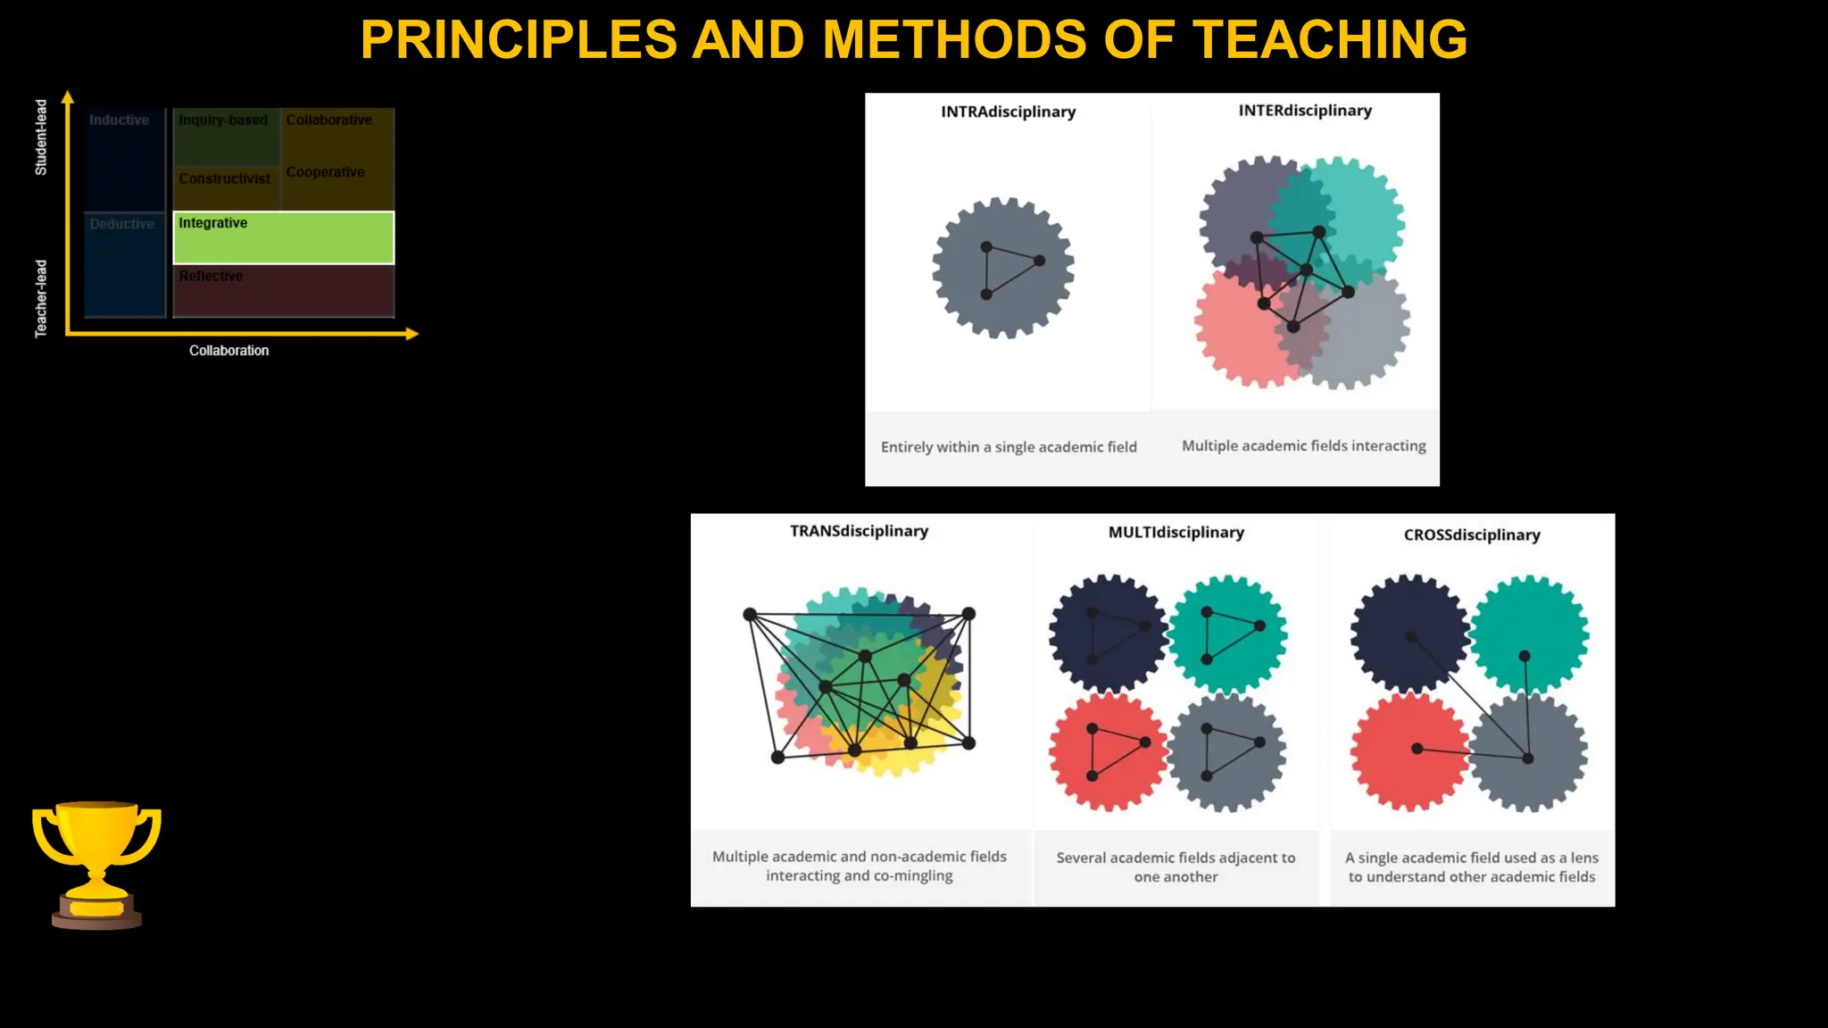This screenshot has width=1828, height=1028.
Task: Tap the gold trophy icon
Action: coord(96,863)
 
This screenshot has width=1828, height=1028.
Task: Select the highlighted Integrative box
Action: coord(283,237)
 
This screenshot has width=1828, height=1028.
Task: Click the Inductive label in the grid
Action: coord(119,120)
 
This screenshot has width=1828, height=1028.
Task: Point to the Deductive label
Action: coord(121,224)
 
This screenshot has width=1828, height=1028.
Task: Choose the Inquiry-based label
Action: coord(223,120)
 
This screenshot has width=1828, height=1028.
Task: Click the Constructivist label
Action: coord(224,178)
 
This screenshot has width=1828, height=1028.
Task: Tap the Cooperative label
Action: coord(325,172)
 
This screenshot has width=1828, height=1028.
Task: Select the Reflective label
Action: coord(211,276)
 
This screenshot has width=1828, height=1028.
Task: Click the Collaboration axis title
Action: coord(228,351)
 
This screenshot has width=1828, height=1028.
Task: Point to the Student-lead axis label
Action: coord(41,137)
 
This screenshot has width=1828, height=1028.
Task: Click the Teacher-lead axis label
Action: coord(41,299)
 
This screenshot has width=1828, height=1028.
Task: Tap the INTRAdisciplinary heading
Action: coord(1008,112)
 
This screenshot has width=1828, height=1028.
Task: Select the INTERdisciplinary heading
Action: coord(1305,111)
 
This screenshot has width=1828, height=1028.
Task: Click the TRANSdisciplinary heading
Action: coord(859,531)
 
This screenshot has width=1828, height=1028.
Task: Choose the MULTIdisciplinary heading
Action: coord(1176,533)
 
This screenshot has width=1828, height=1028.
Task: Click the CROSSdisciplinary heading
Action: coord(1472,535)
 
